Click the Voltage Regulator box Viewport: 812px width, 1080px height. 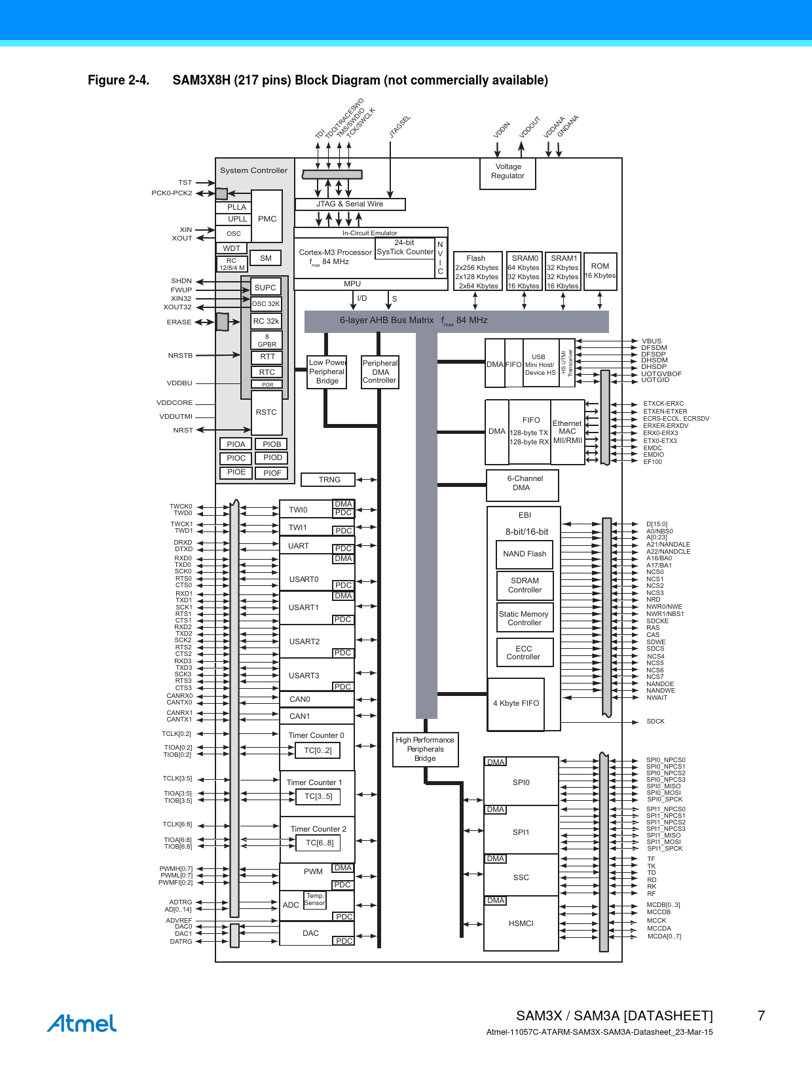click(507, 174)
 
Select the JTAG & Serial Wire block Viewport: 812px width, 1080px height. click(350, 204)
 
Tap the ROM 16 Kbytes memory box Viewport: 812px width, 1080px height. click(600, 271)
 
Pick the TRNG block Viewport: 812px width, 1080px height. click(328, 480)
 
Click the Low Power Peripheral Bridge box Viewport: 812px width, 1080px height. click(327, 372)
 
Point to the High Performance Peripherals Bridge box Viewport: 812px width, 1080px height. click(426, 749)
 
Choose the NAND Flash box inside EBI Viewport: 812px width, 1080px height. click(525, 554)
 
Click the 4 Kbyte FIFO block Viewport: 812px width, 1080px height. click(516, 704)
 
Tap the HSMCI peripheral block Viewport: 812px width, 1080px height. click(521, 923)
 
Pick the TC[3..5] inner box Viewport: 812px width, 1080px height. click(318, 797)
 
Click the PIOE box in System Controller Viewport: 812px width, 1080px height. click(236, 473)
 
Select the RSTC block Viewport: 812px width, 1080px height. click(267, 412)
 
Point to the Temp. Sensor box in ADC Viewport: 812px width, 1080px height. click(314, 900)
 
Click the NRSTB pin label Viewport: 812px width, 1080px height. click(180, 355)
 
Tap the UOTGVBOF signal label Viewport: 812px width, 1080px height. click(661, 374)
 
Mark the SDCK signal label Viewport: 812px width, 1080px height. click(655, 722)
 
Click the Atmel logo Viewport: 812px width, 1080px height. click(82, 1023)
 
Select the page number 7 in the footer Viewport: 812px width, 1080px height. click(762, 1016)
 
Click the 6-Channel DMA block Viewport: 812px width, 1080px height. click(522, 485)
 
